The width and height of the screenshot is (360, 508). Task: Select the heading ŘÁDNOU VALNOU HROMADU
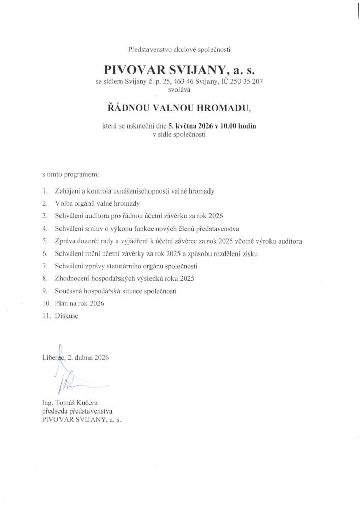pyautogui.click(x=180, y=107)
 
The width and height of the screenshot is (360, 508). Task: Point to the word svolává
pyautogui.click(x=179, y=89)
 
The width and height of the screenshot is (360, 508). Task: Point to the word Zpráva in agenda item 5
pyautogui.click(x=68, y=241)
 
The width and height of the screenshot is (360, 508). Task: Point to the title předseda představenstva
pyautogui.click(x=77, y=411)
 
